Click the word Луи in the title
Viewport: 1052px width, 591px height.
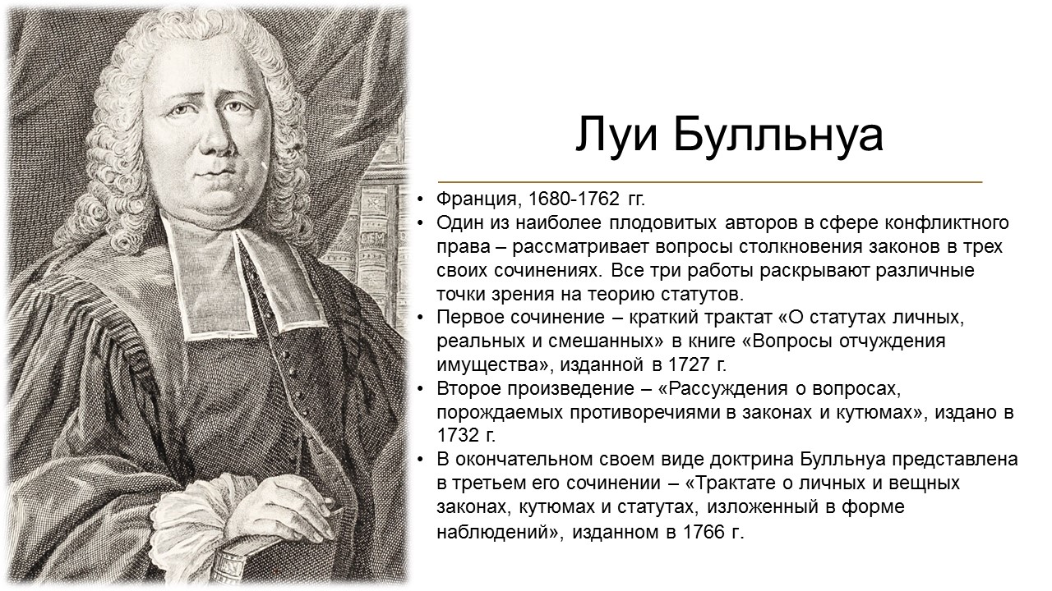click(616, 135)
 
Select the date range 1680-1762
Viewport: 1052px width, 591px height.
click(574, 199)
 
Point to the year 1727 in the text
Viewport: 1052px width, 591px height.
click(688, 364)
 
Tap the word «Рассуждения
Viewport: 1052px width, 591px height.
click(723, 389)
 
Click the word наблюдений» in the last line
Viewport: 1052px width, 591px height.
click(500, 533)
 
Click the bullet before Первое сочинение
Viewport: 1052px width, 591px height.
click(420, 318)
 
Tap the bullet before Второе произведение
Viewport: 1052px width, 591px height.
click(420, 389)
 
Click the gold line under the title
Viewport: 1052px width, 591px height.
click(710, 181)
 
